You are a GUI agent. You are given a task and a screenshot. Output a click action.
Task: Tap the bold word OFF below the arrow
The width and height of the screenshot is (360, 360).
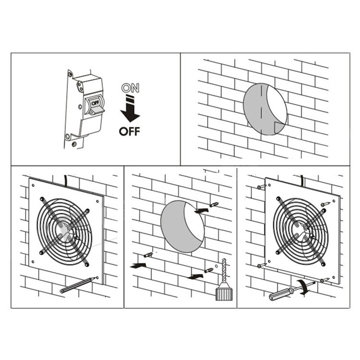click(130, 131)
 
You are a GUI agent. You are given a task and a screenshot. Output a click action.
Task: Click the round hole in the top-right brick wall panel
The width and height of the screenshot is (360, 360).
click(265, 108)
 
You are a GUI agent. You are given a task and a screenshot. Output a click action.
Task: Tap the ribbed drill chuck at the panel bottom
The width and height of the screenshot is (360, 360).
click(222, 294)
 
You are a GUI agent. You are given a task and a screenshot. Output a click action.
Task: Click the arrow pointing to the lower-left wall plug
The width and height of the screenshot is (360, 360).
click(136, 265)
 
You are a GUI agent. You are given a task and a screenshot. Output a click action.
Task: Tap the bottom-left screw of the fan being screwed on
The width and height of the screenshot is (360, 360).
click(260, 266)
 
